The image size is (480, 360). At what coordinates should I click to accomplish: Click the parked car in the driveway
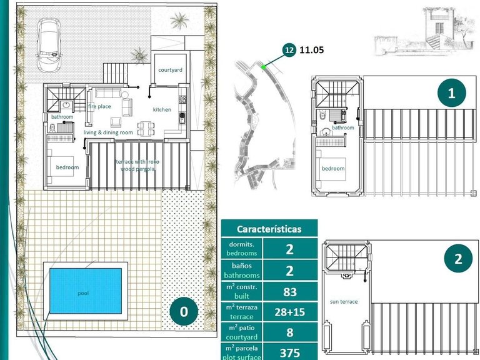(x=49, y=44)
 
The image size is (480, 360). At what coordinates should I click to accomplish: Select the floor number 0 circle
(x=183, y=311)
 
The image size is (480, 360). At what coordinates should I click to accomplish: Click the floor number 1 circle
(x=451, y=94)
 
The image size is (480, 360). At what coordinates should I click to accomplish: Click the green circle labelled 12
(x=289, y=51)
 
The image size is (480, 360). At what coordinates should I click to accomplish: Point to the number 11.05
(x=312, y=51)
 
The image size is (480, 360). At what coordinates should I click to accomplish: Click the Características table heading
(x=269, y=229)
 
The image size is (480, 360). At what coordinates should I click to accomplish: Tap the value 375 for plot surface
(x=289, y=351)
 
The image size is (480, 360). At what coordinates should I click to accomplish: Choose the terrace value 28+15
(x=289, y=311)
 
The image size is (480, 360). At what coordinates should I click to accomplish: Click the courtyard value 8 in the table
(x=289, y=331)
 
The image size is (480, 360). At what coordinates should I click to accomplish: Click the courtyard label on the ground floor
(x=169, y=70)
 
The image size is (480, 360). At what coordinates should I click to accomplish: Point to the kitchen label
(x=162, y=110)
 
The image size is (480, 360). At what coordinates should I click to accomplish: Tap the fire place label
(x=99, y=106)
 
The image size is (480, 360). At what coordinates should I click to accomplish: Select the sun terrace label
(x=344, y=301)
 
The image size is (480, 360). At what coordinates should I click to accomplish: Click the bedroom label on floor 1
(x=332, y=168)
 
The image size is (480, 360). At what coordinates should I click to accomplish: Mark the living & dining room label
(x=109, y=132)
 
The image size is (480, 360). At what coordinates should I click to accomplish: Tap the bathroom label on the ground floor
(x=62, y=117)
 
